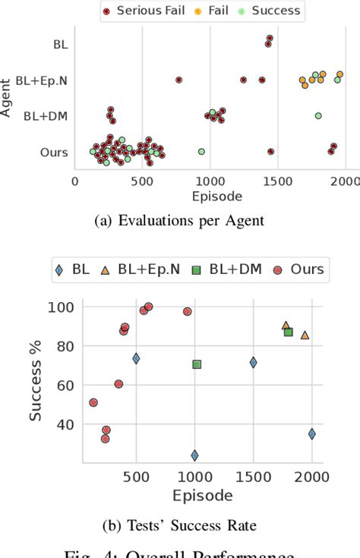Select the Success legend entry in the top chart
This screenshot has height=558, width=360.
coord(273,11)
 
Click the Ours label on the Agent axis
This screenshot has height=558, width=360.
coord(53,152)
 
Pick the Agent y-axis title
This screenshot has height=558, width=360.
coord(7,99)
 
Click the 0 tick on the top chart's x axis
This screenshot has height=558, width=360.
coord(74,181)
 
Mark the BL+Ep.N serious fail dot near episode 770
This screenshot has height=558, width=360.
coord(179,80)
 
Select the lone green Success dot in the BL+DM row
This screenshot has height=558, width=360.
coord(317,115)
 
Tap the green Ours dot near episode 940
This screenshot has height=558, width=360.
coord(201,151)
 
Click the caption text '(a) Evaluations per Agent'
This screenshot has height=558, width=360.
coord(180,221)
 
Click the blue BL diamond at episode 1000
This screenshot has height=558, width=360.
coord(194,456)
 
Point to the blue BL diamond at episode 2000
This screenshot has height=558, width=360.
coord(311,433)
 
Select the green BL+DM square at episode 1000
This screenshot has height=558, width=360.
coord(197,364)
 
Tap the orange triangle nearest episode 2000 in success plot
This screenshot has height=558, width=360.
coord(305,335)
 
